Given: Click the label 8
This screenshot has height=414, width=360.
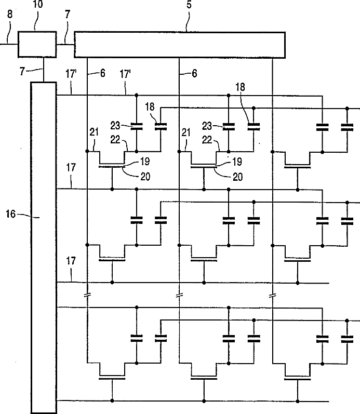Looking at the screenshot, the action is pyautogui.click(x=10, y=14).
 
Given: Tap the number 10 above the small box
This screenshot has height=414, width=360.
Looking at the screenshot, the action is pyautogui.click(x=38, y=5).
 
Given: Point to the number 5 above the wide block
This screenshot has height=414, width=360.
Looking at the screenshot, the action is pyautogui.click(x=189, y=5).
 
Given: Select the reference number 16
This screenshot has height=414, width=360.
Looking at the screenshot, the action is pyautogui.click(x=11, y=214).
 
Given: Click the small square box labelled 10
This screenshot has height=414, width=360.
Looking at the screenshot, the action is pyautogui.click(x=37, y=44).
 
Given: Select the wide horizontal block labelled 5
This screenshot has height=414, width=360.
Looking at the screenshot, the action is pyautogui.click(x=180, y=45).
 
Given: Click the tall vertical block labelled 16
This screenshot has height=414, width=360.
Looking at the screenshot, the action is pyautogui.click(x=44, y=248).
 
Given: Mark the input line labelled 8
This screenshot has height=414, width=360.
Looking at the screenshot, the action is pyautogui.click(x=9, y=44).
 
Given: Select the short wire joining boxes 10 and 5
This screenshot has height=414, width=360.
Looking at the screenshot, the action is pyautogui.click(x=65, y=44).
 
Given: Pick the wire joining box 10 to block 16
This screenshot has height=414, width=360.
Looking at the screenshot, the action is pyautogui.click(x=43, y=70).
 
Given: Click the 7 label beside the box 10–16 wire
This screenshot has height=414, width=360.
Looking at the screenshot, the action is pyautogui.click(x=22, y=71).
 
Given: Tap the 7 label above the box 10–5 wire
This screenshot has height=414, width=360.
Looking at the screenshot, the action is pyautogui.click(x=68, y=14).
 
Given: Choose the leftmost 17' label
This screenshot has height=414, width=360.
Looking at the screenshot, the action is pyautogui.click(x=71, y=74).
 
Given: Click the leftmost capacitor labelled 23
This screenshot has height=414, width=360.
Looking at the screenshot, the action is pyautogui.click(x=137, y=127).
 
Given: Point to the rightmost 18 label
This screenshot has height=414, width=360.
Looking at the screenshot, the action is pyautogui.click(x=240, y=87).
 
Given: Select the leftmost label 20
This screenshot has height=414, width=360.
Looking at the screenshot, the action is pyautogui.click(x=145, y=177).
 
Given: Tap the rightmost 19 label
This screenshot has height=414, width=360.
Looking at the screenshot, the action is pyautogui.click(x=237, y=162).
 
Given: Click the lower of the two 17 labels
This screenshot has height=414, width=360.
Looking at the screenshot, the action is pyautogui.click(x=71, y=261).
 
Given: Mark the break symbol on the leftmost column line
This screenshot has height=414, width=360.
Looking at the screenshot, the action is pyautogui.click(x=87, y=295).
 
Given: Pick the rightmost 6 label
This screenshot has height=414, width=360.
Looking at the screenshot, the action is pyautogui.click(x=194, y=73).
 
